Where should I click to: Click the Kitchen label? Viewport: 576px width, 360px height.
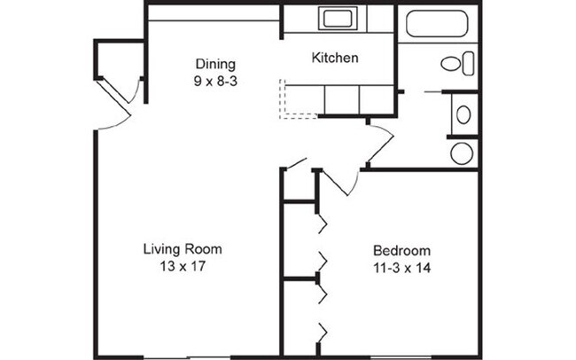click(335, 59)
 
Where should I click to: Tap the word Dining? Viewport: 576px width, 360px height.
click(215, 64)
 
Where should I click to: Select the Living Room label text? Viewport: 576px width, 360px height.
click(182, 249)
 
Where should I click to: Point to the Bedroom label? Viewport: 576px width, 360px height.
click(401, 249)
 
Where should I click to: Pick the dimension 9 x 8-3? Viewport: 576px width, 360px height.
click(215, 80)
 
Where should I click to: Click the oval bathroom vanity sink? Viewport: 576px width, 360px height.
click(463, 113)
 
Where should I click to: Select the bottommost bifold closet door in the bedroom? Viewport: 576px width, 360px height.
click(324, 333)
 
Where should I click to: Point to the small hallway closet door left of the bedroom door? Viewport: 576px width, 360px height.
click(296, 165)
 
